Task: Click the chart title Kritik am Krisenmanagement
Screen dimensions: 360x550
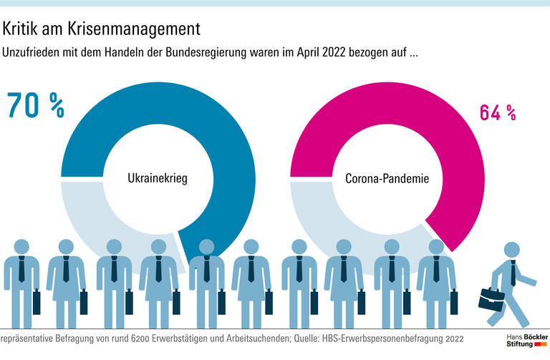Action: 100,29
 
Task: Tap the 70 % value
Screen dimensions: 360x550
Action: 36,104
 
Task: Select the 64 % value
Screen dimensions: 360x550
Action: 496,112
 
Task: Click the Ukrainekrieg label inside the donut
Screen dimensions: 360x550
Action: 157,177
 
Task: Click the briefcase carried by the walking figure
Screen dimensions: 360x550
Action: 492,295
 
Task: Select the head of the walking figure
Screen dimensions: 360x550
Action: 511,250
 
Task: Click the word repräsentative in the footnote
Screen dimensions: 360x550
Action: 27,338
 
